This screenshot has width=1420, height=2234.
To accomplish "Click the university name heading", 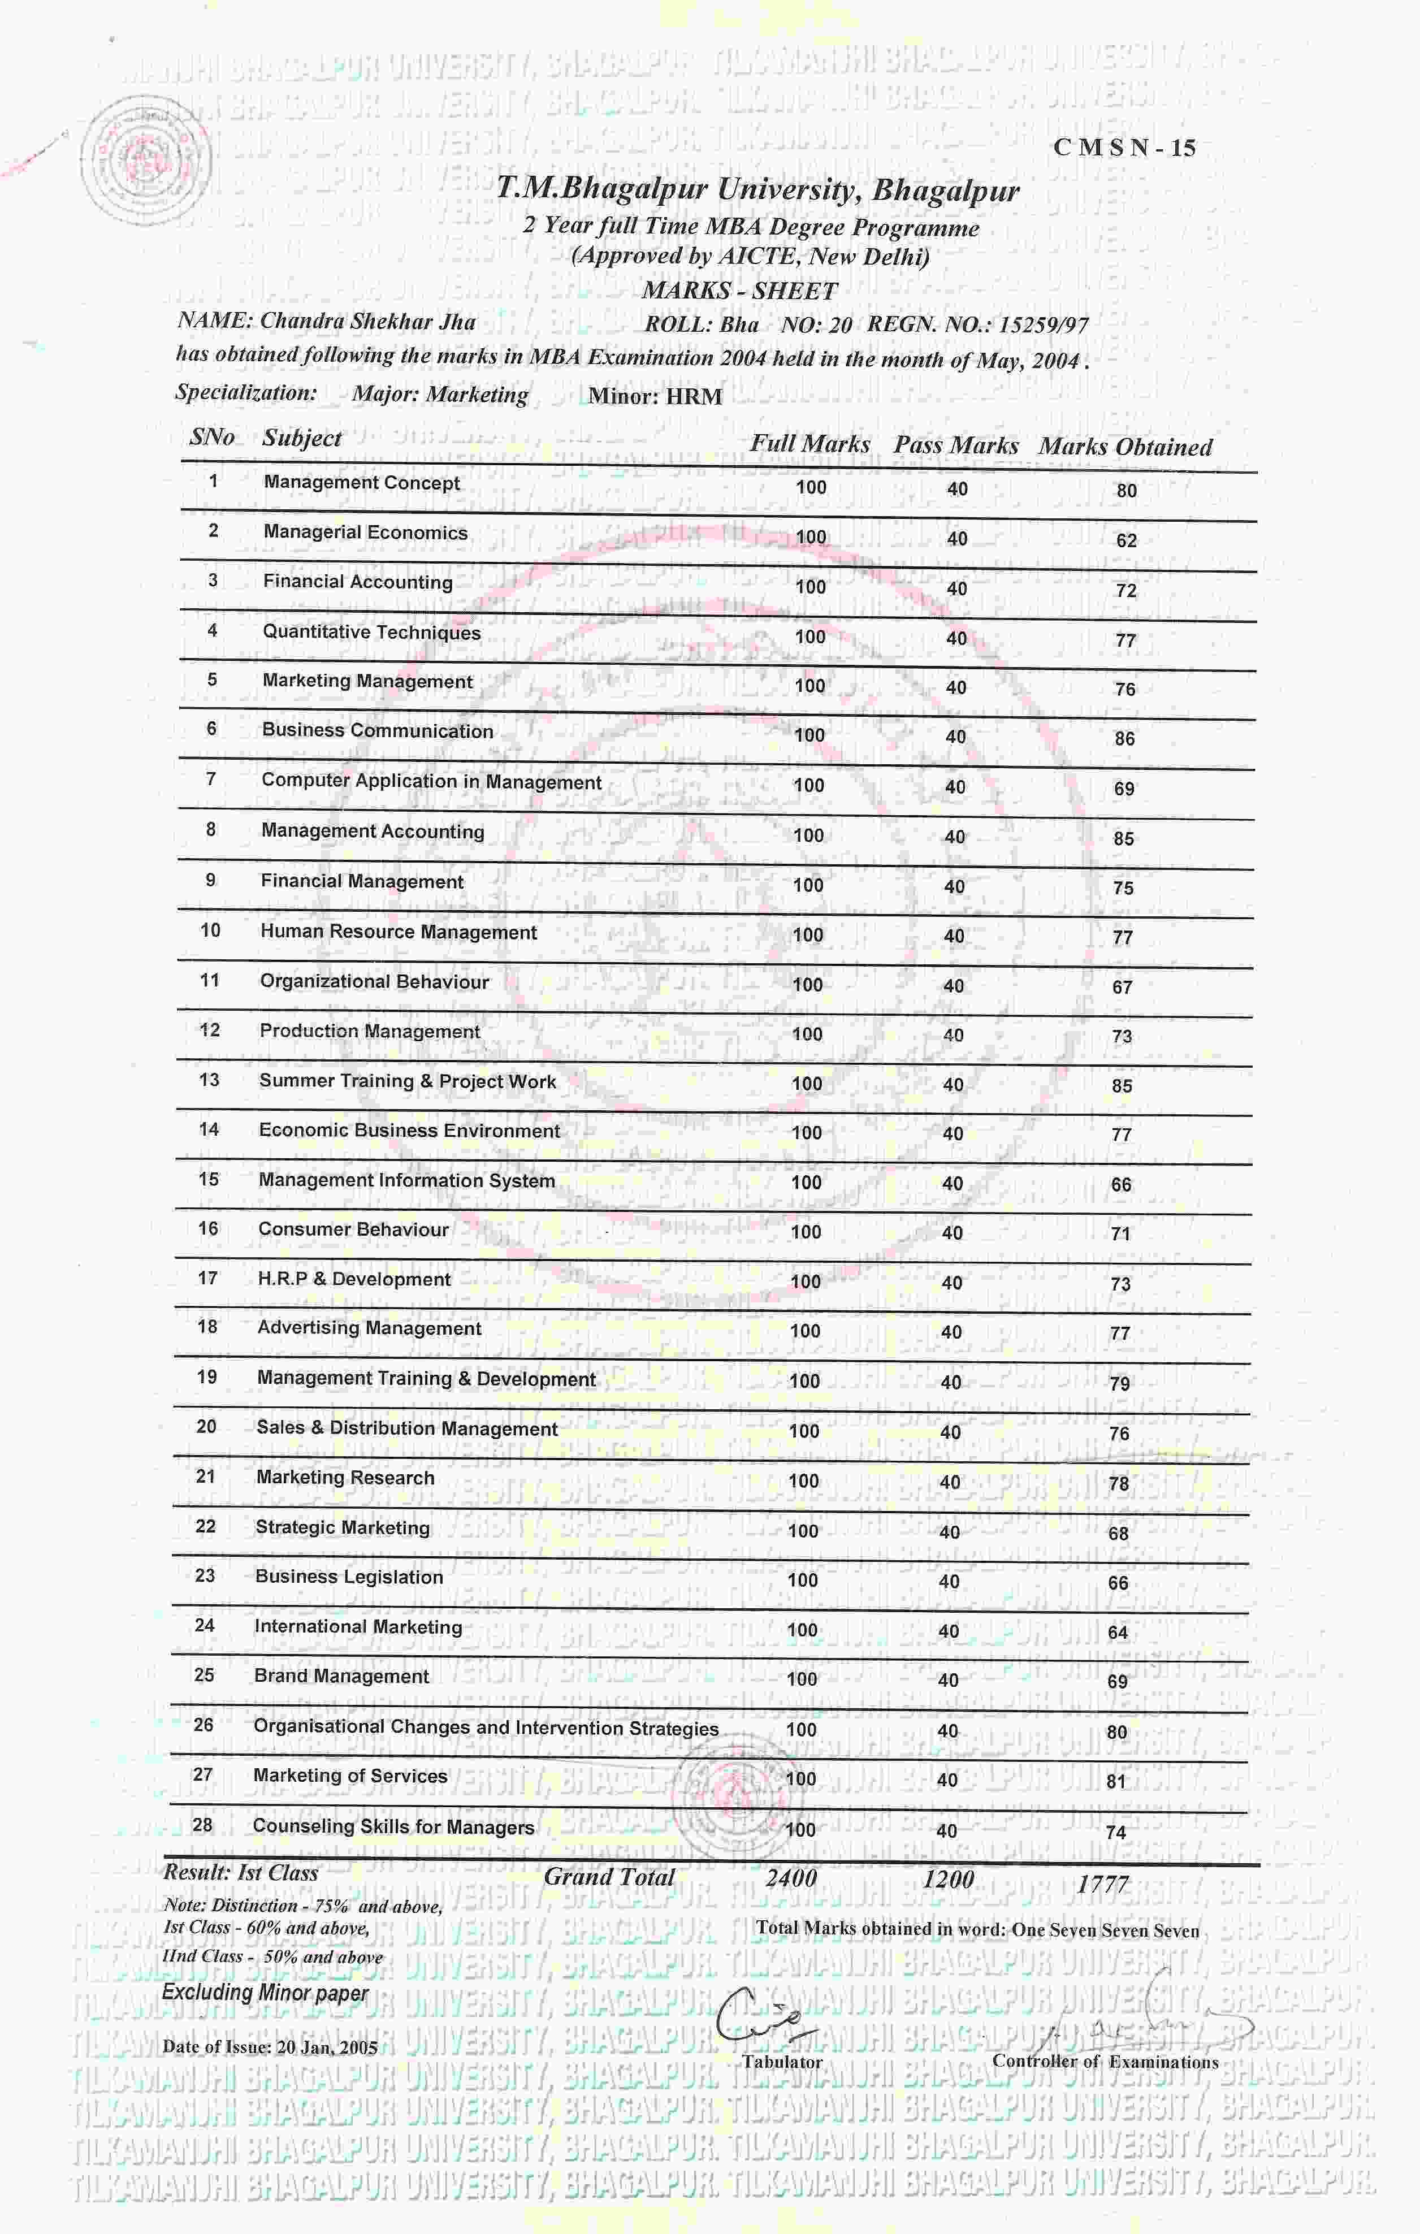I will point(757,190).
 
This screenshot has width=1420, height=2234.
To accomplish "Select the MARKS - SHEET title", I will point(739,291).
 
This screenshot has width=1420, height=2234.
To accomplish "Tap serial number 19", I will point(207,1377).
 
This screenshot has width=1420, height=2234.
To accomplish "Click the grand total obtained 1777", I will point(1102,1884).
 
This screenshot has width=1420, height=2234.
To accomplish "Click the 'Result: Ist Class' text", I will point(241,1872).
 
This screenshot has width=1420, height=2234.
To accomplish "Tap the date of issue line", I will point(270,2046).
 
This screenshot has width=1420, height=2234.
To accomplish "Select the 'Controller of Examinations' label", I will point(1105,2062).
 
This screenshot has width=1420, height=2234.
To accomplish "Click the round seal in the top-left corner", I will point(145,159).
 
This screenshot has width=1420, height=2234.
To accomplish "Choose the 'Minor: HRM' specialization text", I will point(655,397).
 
